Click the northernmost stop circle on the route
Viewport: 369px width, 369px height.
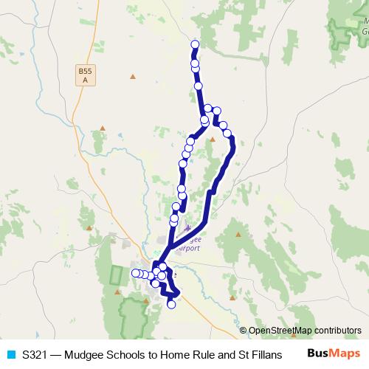coord(195,44)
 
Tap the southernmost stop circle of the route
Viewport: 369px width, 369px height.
coord(171,304)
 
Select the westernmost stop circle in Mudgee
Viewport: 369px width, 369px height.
coord(136,274)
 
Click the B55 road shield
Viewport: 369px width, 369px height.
coord(86,75)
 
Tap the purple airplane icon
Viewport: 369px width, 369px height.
coord(187,229)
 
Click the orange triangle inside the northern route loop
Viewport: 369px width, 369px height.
coord(213,138)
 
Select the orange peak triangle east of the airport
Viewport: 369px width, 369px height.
coord(238,234)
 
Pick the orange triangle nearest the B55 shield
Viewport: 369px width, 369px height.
coord(132,75)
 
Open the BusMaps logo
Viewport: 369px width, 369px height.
coord(334,354)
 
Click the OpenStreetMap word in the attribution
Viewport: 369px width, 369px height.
coord(280,331)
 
